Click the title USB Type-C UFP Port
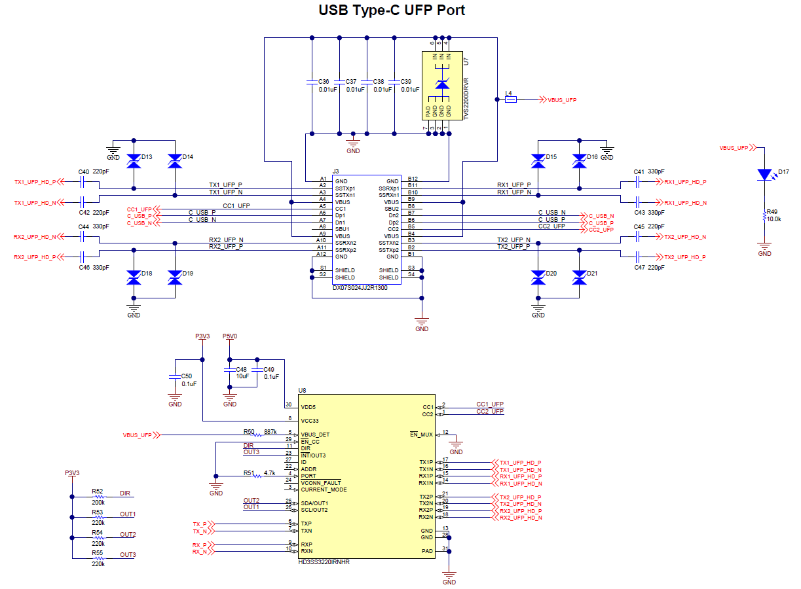tap(392, 10)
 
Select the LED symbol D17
tap(764, 175)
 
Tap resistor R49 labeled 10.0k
tap(764, 217)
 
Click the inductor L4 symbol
tap(510, 99)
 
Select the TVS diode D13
tap(134, 160)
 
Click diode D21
tap(578, 277)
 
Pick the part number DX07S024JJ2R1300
tap(360, 287)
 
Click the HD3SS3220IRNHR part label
tap(324, 562)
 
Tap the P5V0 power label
tap(230, 336)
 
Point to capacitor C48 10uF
tap(230, 372)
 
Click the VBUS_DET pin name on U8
tap(315, 435)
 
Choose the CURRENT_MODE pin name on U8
tap(324, 490)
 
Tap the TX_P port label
tap(199, 524)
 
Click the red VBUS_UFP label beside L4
tap(561, 99)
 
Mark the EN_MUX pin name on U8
tap(421, 435)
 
